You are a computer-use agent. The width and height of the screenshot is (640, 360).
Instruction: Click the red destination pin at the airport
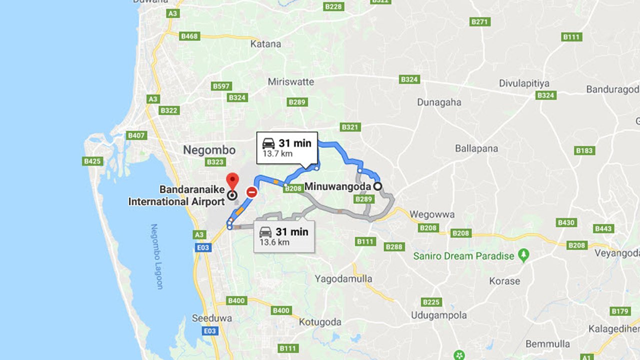click(x=232, y=181)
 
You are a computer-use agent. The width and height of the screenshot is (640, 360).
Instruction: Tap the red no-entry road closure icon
click(x=252, y=192)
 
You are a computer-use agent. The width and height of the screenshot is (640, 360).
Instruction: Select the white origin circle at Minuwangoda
click(x=378, y=186)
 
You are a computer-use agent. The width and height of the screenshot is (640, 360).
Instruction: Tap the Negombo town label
click(x=209, y=149)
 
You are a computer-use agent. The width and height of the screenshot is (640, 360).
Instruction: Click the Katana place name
click(x=265, y=44)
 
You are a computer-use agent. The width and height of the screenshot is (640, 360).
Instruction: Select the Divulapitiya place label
click(x=525, y=83)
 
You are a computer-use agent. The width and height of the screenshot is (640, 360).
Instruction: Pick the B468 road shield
click(x=190, y=36)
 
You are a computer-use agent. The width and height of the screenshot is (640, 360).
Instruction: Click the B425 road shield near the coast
click(x=92, y=161)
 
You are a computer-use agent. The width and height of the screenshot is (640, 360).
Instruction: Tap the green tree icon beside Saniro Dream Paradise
click(x=523, y=255)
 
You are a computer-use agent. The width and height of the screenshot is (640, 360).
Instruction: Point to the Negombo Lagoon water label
click(x=157, y=256)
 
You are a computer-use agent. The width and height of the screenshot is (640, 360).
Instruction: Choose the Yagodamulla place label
click(x=343, y=278)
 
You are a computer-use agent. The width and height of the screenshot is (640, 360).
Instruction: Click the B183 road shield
click(x=584, y=150)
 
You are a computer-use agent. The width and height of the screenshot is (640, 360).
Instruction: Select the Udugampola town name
click(x=438, y=315)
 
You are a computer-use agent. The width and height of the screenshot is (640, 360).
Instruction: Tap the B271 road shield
click(x=480, y=22)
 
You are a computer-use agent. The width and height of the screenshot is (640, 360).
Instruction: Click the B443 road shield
click(x=603, y=228)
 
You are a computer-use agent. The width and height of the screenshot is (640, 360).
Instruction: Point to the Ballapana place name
click(x=476, y=148)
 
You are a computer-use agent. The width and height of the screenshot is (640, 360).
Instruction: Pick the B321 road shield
click(x=350, y=127)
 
